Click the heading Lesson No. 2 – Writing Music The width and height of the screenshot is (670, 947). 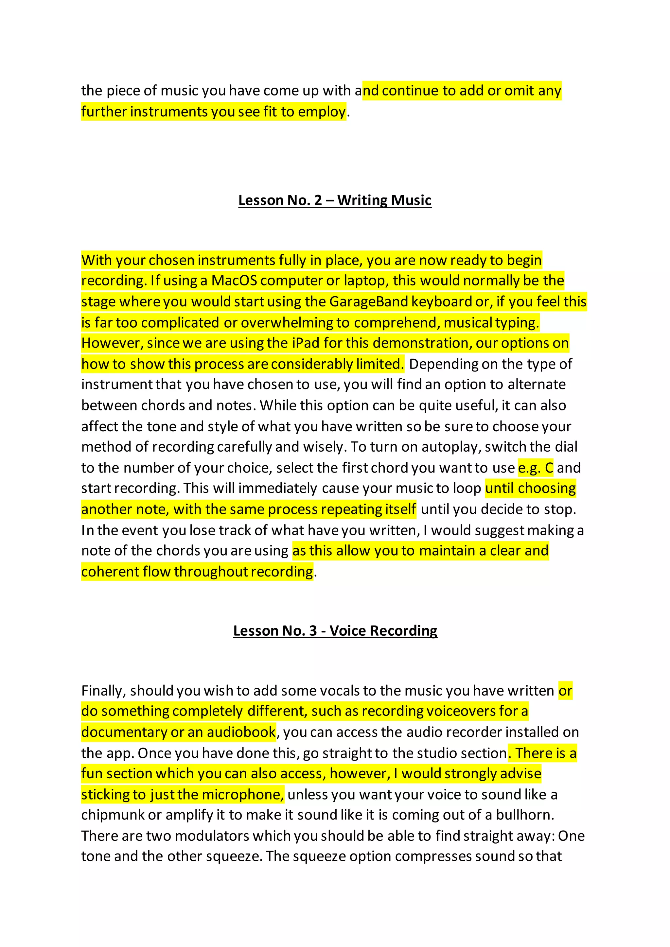(x=335, y=200)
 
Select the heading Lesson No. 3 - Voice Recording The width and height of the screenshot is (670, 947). (x=335, y=631)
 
